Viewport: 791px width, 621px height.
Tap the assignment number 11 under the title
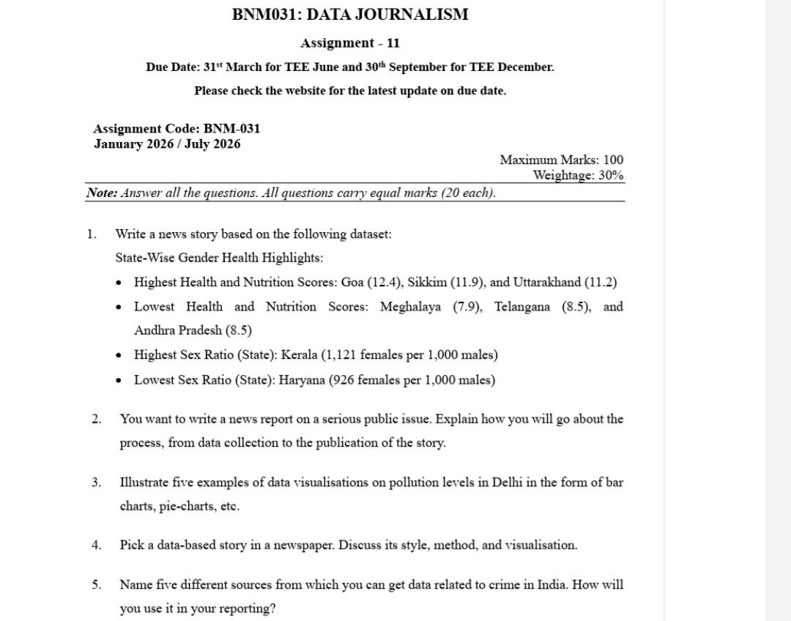tap(393, 43)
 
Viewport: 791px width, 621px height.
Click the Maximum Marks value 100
tap(614, 160)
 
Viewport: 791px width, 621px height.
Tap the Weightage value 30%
tap(611, 175)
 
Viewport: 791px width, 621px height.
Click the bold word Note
tap(101, 193)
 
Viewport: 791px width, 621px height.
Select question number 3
tap(96, 483)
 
